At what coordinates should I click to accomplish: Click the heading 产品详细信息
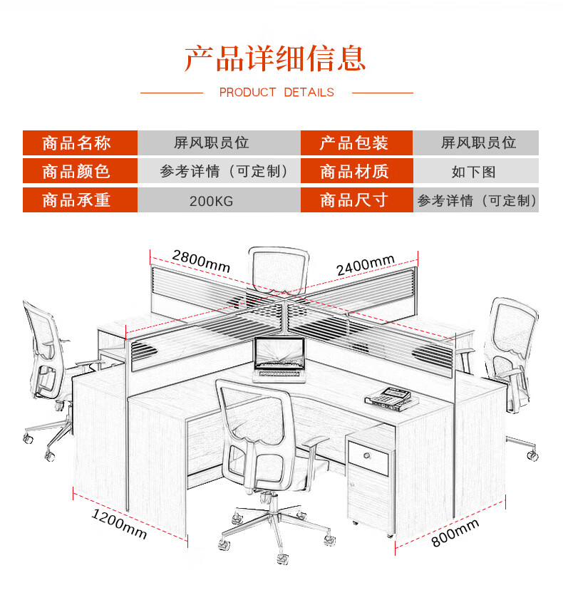click(x=275, y=58)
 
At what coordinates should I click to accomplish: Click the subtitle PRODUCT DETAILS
click(x=277, y=93)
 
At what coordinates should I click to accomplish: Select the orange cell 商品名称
click(x=79, y=143)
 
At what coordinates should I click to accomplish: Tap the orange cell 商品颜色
click(x=79, y=172)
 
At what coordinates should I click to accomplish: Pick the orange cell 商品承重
click(x=79, y=200)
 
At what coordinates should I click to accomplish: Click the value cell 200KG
click(x=211, y=201)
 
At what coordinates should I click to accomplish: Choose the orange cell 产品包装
click(x=356, y=143)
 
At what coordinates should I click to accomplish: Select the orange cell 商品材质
click(x=356, y=172)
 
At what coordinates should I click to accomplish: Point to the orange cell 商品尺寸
click(x=356, y=200)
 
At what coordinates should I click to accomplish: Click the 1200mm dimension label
click(x=120, y=524)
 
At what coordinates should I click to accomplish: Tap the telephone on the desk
click(x=388, y=395)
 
